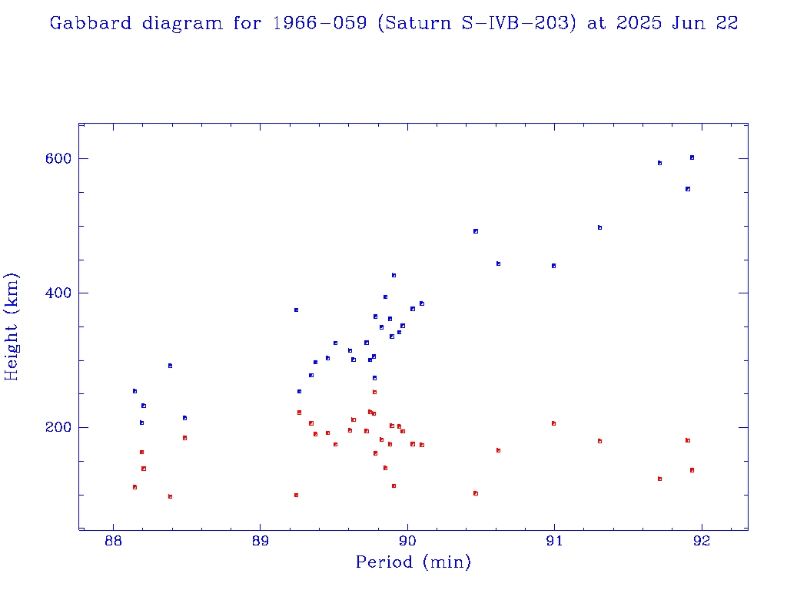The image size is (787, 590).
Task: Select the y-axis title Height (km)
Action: (12, 326)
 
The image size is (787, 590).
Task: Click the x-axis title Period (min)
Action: (413, 563)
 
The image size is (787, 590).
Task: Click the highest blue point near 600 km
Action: (692, 157)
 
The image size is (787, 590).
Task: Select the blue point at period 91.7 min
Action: (659, 163)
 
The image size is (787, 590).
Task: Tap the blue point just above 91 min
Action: (553, 266)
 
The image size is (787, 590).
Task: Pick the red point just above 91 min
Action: (553, 423)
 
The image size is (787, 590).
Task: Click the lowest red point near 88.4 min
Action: (170, 496)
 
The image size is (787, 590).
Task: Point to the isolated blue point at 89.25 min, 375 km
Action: (296, 310)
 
